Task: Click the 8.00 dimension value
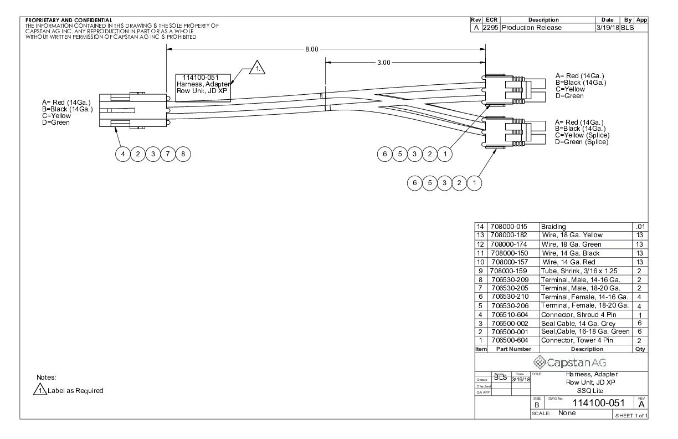(311, 49)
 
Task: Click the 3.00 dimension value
(383, 63)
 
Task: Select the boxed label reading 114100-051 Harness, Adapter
(203, 88)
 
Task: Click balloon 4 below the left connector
(123, 154)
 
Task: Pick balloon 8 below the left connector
(183, 154)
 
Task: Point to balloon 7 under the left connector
(168, 154)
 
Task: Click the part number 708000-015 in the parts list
(509, 227)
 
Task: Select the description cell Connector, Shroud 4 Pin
(579, 315)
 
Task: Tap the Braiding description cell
(553, 227)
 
